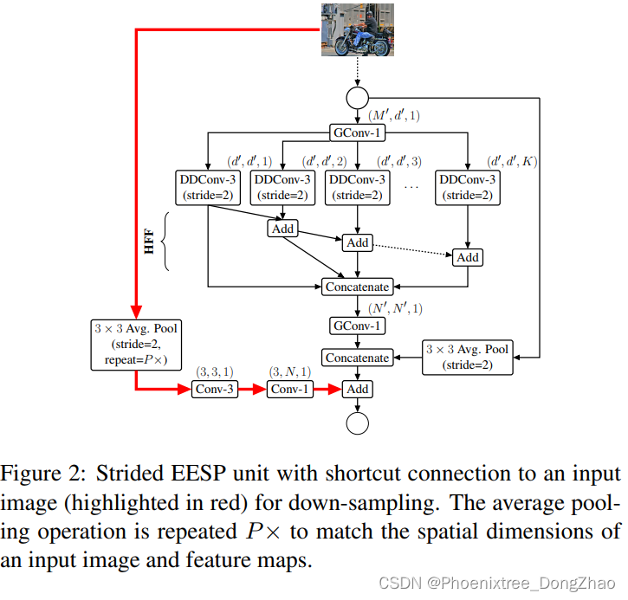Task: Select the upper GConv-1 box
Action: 358,133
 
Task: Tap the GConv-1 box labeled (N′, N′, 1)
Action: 357,326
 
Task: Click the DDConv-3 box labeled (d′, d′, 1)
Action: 208,187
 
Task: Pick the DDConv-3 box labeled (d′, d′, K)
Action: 468,187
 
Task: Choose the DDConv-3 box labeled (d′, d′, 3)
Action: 357,187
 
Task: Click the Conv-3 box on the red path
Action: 214,389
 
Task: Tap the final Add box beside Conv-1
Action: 357,389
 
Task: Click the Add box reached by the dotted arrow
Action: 468,257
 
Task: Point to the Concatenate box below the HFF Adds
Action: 357,287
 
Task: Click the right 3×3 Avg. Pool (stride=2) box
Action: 468,357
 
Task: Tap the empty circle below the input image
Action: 357,97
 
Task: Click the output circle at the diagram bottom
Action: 357,423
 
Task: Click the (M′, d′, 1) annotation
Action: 394,115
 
